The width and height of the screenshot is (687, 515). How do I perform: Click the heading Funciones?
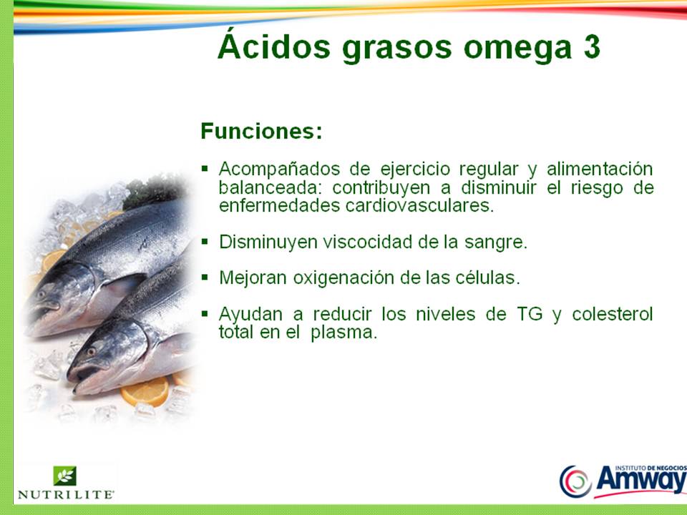tap(261, 132)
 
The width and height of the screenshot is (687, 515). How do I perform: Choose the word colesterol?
tap(612, 315)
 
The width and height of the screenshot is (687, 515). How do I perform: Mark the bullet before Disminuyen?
tap(205, 241)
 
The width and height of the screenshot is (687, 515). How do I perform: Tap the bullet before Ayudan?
tap(205, 313)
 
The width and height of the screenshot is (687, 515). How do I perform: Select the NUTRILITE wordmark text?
tap(65, 494)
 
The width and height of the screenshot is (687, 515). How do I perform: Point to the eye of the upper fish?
tap(41, 294)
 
